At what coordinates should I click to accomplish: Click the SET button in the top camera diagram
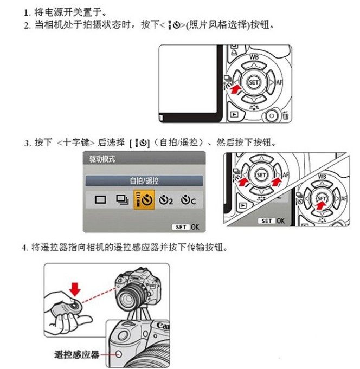tap(253, 83)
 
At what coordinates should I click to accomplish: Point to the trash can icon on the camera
tap(284, 115)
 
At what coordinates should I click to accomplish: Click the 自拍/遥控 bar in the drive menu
tap(144, 180)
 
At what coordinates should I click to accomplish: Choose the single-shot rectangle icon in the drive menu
tap(99, 199)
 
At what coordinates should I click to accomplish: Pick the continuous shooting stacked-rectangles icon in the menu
tap(120, 199)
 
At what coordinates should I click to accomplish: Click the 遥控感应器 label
tap(77, 355)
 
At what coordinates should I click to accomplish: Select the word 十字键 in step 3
tap(75, 143)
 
